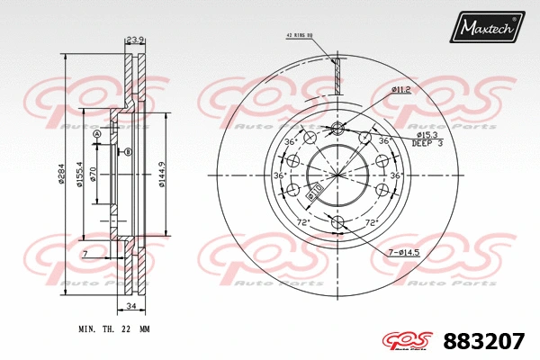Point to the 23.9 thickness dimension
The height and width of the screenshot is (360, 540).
135,40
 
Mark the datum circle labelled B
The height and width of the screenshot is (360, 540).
129,153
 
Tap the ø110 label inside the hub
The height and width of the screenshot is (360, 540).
314,190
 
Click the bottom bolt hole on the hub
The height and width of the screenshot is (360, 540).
337,220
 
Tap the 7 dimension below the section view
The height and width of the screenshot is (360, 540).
84,256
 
